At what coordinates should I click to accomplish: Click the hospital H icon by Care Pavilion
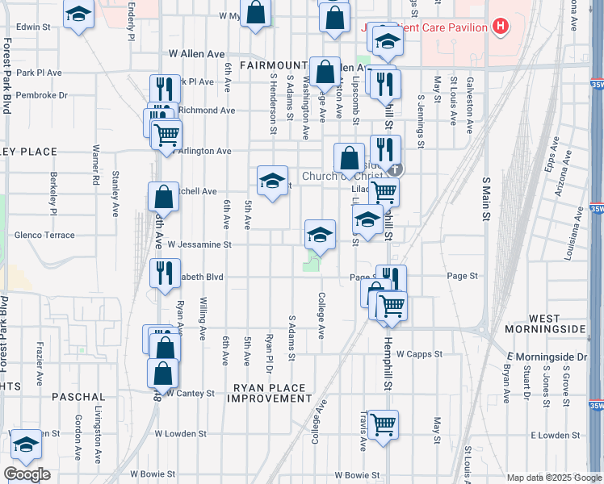(x=501, y=27)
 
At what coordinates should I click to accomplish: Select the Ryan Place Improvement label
(x=271, y=393)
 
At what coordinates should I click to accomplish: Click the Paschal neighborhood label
(x=79, y=397)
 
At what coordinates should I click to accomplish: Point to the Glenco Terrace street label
(x=44, y=235)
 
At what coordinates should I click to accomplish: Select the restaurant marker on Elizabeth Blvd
(x=165, y=272)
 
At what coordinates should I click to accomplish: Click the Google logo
(x=27, y=474)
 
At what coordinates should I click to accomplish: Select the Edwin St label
(x=33, y=27)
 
